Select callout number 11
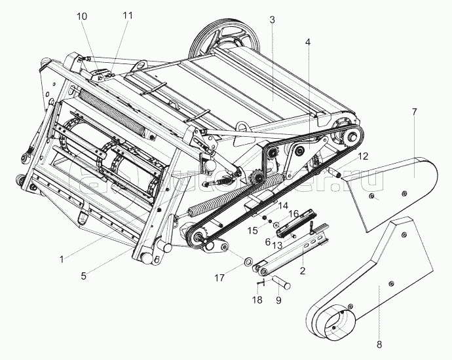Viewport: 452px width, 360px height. (127, 15)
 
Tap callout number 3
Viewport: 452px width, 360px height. (271, 19)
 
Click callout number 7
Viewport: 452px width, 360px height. (414, 112)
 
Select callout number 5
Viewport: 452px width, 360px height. (83, 276)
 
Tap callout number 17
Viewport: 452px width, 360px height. (220, 278)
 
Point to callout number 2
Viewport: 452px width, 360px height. (303, 270)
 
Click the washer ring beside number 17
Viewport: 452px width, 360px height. (249, 263)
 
